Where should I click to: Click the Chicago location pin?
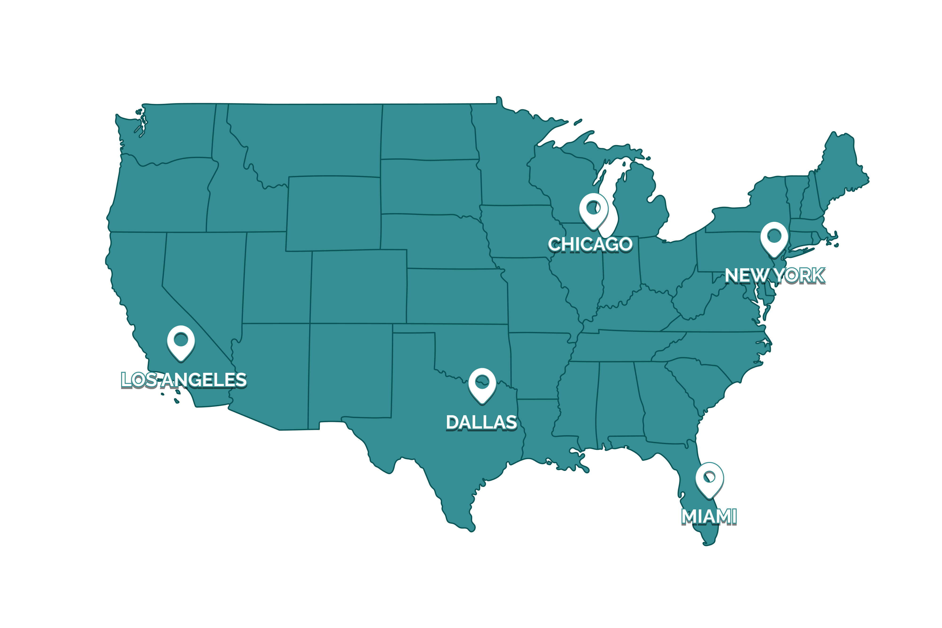[x=593, y=209]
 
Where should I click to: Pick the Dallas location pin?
[x=482, y=383]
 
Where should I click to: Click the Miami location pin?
[x=709, y=478]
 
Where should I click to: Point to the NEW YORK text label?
[x=775, y=276]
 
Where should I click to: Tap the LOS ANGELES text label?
[x=184, y=380]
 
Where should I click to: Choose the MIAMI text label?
[x=709, y=517]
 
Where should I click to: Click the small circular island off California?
[x=162, y=394]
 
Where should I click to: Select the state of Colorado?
[x=358, y=286]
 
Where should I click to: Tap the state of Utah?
[x=276, y=280]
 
